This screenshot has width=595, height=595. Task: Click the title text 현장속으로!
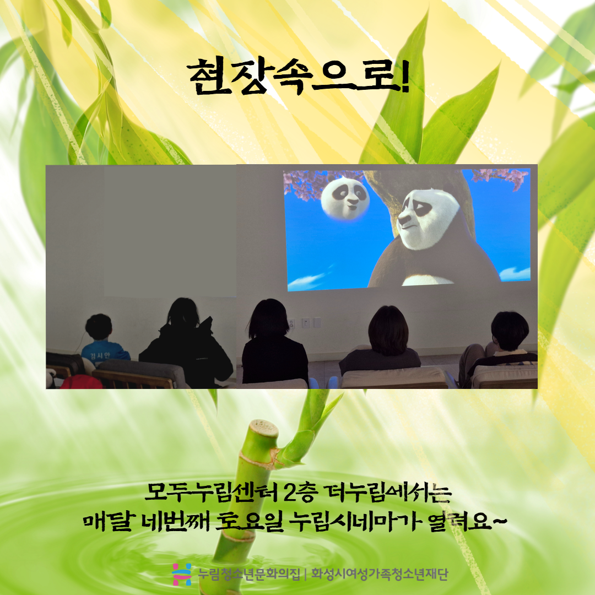299,77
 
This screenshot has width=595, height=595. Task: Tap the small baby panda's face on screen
345,198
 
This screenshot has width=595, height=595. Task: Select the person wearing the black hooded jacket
186,343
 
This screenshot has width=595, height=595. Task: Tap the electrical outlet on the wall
291,324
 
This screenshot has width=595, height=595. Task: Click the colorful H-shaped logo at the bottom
182,574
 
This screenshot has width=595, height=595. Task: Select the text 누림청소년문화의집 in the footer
250,574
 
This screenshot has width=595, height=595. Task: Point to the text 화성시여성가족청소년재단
380,574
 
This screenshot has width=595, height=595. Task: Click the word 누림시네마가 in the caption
355,522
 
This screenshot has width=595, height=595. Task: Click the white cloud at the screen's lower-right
515,274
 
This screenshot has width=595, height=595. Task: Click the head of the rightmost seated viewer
510,331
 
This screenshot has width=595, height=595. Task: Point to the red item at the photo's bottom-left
81,382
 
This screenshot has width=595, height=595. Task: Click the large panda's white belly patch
427,280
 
